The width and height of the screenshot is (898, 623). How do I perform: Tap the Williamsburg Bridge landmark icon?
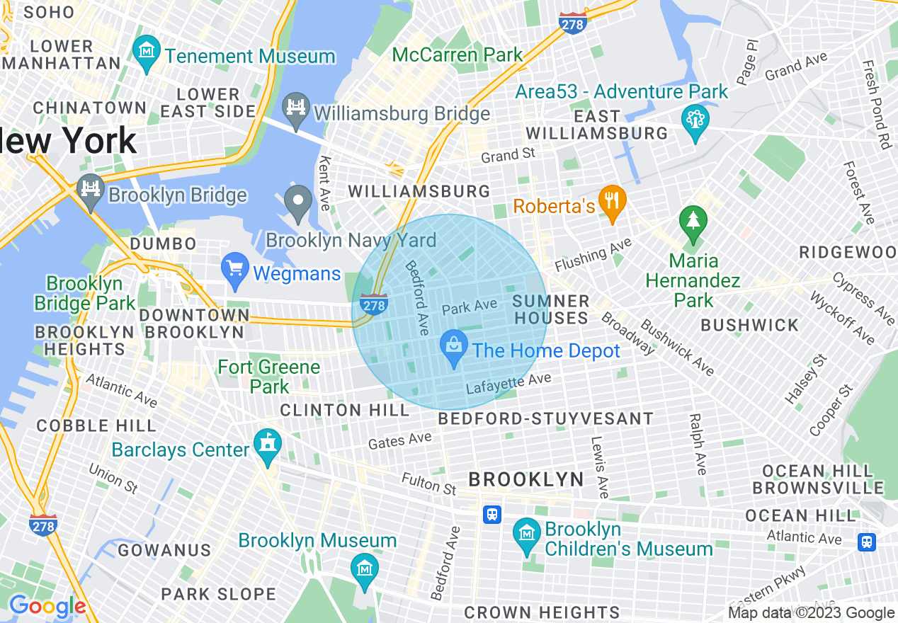(x=296, y=108)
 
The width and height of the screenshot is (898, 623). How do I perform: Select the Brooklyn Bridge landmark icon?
(x=91, y=189)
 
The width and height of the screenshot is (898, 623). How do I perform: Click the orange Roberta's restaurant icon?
(x=609, y=200)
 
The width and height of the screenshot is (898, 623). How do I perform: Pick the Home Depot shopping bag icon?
(x=453, y=346)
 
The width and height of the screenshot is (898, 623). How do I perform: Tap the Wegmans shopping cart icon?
(x=234, y=269)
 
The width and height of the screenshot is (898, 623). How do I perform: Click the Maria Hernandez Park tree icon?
(x=693, y=220)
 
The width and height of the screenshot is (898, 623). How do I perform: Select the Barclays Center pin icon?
(x=268, y=445)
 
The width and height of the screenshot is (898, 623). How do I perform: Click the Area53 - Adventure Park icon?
(x=695, y=120)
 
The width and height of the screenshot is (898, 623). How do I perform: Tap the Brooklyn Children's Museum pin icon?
(x=526, y=534)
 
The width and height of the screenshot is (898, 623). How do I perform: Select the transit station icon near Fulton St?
(x=492, y=515)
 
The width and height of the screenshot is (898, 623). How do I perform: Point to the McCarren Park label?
(x=457, y=55)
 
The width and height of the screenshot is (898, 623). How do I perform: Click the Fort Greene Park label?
(x=269, y=377)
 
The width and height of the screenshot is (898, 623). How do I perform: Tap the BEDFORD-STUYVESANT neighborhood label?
(x=545, y=419)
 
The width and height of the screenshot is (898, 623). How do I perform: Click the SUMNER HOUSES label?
(x=551, y=309)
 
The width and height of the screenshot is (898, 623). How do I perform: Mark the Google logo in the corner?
(x=47, y=606)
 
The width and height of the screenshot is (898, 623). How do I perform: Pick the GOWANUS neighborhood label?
(x=164, y=550)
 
